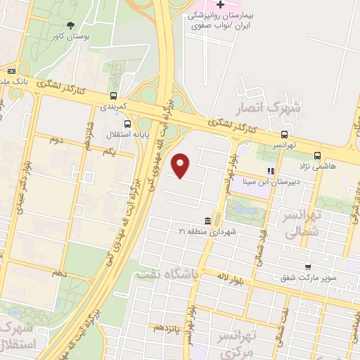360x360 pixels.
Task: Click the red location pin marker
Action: click(x=181, y=165)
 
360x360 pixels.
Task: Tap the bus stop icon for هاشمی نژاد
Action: click(x=318, y=156)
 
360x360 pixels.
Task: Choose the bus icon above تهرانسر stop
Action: click(x=284, y=134)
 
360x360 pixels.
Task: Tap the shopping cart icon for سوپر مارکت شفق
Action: click(x=309, y=266)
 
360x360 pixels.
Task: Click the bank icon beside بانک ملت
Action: click(x=11, y=70)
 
